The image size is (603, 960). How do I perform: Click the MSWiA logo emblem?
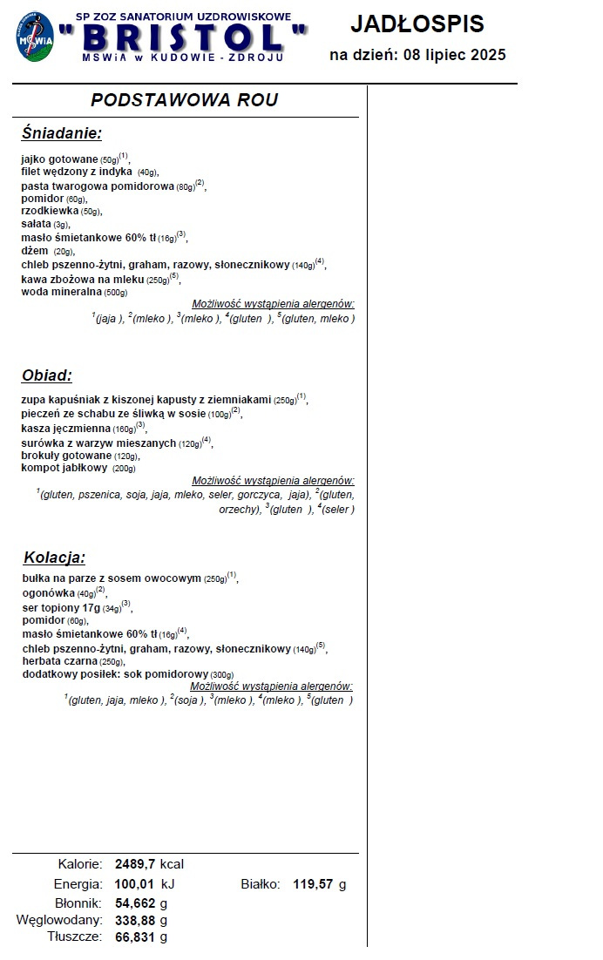click(x=34, y=36)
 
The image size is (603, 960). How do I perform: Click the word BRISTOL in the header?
click(x=184, y=37)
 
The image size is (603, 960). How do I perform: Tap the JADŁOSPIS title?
click(x=417, y=24)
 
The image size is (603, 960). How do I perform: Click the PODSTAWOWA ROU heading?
click(x=185, y=100)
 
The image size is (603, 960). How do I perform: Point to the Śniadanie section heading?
click(x=61, y=133)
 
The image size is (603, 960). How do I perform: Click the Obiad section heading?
click(x=46, y=375)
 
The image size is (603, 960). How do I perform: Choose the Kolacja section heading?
click(x=54, y=558)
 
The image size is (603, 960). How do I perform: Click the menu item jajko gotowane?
click(x=59, y=159)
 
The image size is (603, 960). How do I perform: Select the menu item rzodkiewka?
click(x=50, y=211)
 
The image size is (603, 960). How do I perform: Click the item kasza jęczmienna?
click(x=66, y=429)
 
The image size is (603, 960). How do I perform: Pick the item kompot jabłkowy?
click(x=65, y=469)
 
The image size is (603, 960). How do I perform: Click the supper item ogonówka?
click(x=49, y=592)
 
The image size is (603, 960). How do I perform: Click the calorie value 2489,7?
click(x=135, y=864)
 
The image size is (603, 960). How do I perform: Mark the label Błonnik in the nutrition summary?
click(x=79, y=903)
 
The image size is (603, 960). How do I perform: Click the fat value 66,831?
click(x=135, y=937)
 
